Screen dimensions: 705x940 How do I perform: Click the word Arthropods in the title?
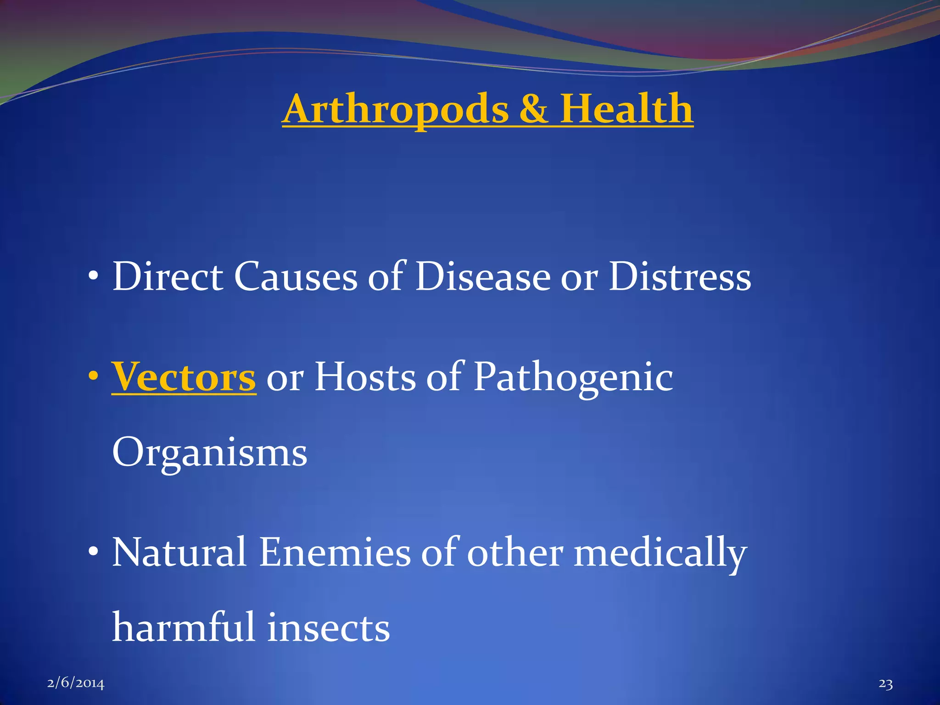tap(396, 110)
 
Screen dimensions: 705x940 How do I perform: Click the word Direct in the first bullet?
tap(168, 277)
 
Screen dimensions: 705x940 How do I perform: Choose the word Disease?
tap(482, 277)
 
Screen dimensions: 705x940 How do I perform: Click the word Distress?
tap(680, 277)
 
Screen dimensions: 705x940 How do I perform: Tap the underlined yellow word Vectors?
tap(184, 377)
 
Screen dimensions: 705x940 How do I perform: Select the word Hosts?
tap(365, 377)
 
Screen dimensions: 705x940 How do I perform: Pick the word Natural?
tap(180, 552)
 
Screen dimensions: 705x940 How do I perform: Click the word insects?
tap(329, 628)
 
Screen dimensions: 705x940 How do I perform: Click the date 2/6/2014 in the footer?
tap(76, 684)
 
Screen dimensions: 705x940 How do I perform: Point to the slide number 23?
tap(886, 684)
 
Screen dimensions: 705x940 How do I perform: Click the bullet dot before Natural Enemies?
tap(94, 551)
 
